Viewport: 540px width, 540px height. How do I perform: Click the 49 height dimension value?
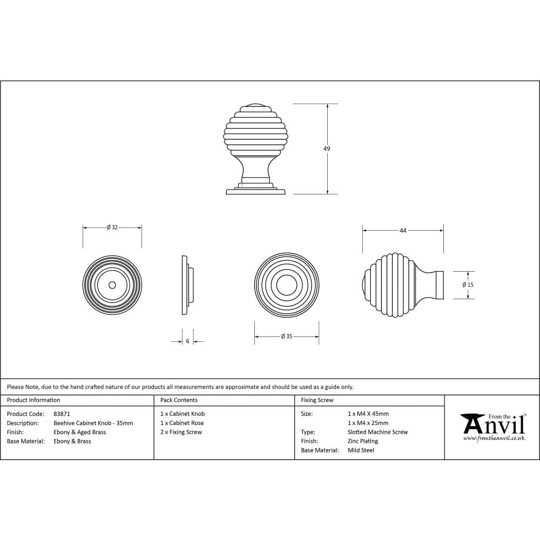coord(327,148)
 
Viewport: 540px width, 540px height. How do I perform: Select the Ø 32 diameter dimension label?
coord(112,227)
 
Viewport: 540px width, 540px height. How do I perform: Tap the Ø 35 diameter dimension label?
coord(286,336)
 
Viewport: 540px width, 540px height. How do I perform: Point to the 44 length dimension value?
coord(403,231)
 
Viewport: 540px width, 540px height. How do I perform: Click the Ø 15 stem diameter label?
coord(468,285)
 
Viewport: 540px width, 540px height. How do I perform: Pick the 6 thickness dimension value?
coord(187,341)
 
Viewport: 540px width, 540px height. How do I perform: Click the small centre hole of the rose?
coord(112,285)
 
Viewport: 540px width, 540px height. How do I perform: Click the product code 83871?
coord(62,414)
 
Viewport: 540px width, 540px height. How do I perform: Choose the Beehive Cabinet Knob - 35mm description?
coord(93,423)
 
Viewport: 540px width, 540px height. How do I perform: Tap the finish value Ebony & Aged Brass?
coord(80,432)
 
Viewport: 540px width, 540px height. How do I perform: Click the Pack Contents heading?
coord(179,400)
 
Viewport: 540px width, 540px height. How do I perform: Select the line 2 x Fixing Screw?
coord(181,432)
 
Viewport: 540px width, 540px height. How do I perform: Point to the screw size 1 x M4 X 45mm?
coord(368,414)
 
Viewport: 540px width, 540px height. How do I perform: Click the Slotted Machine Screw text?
coord(377,432)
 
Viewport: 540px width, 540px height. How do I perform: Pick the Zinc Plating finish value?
coord(363,441)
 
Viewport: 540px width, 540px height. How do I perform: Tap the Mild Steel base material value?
coord(361,450)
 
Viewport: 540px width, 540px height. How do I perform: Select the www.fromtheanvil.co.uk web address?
coord(494,438)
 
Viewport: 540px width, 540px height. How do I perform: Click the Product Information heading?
coord(33,400)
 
